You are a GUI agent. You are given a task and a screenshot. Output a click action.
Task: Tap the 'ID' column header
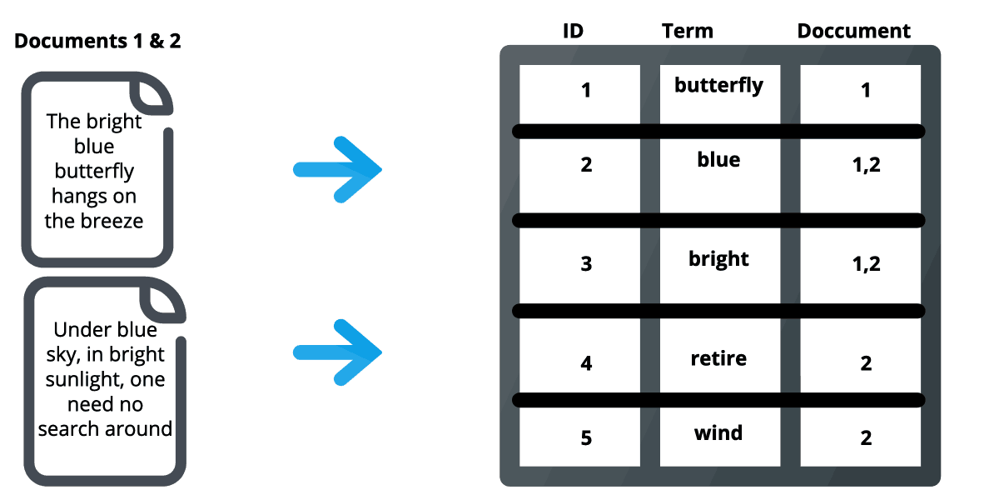pyautogui.click(x=573, y=32)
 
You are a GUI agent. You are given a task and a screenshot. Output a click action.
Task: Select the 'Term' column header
pyautogui.click(x=688, y=32)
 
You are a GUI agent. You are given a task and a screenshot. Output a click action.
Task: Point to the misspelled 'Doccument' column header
pyautogui.click(x=854, y=32)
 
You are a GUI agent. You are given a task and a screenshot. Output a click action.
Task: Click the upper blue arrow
pyautogui.click(x=338, y=169)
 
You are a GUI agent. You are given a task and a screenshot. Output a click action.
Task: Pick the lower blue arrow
pyautogui.click(x=338, y=352)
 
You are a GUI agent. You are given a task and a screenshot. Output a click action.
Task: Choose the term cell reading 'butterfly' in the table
pyautogui.click(x=718, y=85)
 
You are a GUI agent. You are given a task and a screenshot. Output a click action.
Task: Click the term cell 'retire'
pyautogui.click(x=718, y=359)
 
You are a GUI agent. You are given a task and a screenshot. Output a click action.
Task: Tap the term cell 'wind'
pyautogui.click(x=718, y=433)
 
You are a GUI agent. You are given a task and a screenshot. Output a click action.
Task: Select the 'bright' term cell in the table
pyautogui.click(x=718, y=259)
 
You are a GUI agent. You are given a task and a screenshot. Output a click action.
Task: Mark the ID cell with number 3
pyautogui.click(x=586, y=264)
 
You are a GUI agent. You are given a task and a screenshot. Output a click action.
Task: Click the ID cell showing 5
pyautogui.click(x=586, y=437)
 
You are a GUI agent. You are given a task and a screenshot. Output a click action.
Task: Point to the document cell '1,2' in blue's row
pyautogui.click(x=866, y=165)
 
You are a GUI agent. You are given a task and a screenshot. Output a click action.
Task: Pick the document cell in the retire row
pyautogui.click(x=866, y=363)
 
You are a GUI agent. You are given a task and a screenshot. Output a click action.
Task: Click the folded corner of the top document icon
pyautogui.click(x=154, y=93)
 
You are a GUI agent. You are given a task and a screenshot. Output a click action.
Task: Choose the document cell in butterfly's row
pyautogui.click(x=866, y=90)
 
